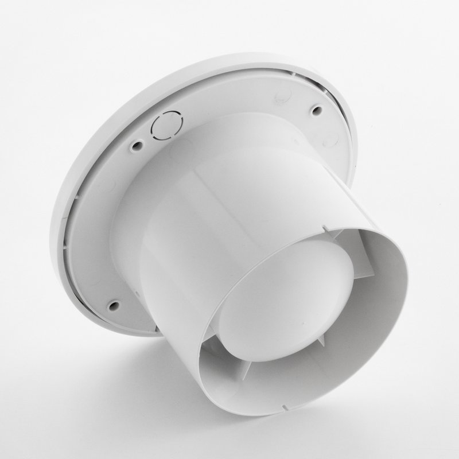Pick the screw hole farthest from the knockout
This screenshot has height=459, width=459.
(114, 304)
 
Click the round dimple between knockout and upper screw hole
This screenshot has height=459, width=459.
(281, 95)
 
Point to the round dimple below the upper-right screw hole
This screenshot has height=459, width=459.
(329, 139)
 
